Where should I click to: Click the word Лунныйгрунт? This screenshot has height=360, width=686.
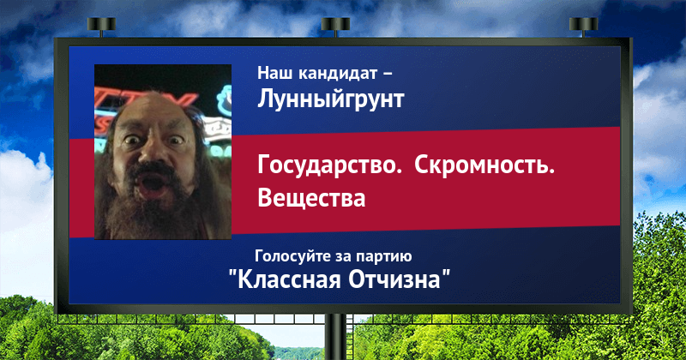[330, 99]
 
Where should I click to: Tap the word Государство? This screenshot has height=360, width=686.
[329, 166]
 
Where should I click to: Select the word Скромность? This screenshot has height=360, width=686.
[484, 166]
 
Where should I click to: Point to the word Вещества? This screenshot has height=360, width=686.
[311, 198]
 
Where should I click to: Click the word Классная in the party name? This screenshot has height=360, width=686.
[288, 279]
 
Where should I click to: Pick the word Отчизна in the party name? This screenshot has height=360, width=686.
[394, 279]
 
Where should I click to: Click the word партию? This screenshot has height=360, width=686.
[383, 257]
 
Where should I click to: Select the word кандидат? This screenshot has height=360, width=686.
[338, 73]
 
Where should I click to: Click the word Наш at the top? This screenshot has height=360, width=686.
[275, 73]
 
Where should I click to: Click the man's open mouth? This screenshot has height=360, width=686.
[152, 182]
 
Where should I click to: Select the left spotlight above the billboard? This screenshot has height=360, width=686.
[101, 27]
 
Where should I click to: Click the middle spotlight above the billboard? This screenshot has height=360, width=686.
[335, 27]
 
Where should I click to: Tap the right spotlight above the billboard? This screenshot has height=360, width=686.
[584, 27]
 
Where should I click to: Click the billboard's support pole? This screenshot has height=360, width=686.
[335, 337]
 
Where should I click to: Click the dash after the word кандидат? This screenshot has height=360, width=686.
[388, 74]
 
